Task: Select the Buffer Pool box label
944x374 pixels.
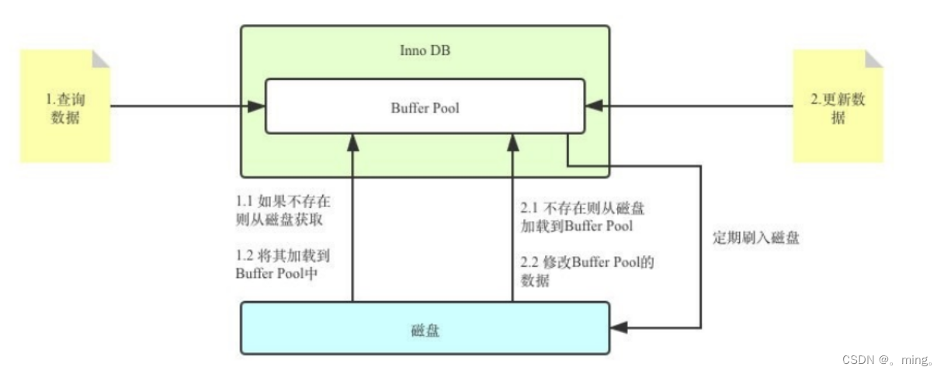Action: (x=425, y=108)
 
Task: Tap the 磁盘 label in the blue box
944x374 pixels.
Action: (x=425, y=330)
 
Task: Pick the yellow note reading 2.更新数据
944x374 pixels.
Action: (x=837, y=109)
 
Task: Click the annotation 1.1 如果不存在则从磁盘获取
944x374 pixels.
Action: (x=283, y=210)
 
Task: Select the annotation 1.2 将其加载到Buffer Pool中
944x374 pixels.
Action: (x=283, y=264)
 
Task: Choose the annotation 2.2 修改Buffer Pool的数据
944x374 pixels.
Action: (x=587, y=271)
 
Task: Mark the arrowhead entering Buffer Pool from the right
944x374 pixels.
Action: (x=594, y=106)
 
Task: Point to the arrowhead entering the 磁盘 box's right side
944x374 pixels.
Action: (x=619, y=327)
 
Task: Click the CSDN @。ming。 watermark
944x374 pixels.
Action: (x=887, y=360)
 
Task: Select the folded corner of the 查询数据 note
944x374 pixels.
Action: (x=101, y=58)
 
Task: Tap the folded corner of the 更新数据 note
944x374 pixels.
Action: (x=873, y=58)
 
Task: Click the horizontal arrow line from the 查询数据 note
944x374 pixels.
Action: (x=179, y=106)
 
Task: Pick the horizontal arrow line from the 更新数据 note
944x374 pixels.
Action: (x=691, y=106)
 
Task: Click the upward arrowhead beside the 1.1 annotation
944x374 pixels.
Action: (x=353, y=142)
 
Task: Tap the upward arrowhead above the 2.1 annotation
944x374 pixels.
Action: (x=512, y=142)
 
